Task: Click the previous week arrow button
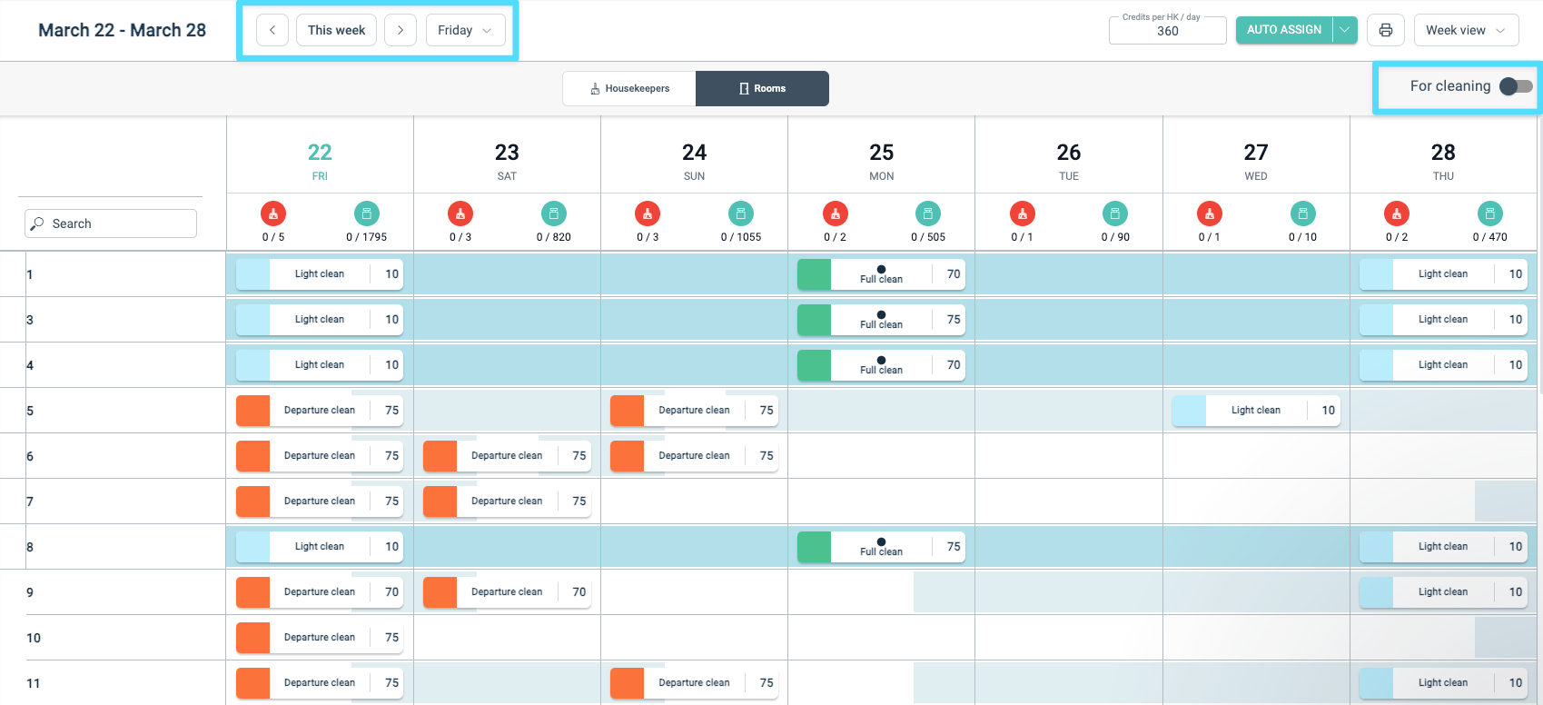click(x=272, y=30)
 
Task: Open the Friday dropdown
click(x=465, y=30)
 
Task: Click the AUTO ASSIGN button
click(x=1283, y=30)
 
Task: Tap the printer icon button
click(x=1386, y=30)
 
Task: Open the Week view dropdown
click(x=1466, y=30)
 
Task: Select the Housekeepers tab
click(x=629, y=88)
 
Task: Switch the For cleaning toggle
click(x=1516, y=86)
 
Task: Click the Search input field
click(x=111, y=223)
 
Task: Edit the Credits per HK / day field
click(x=1168, y=31)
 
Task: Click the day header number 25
click(x=881, y=153)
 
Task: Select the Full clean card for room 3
click(x=881, y=320)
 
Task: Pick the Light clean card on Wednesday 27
click(x=1255, y=411)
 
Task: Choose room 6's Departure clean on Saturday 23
click(x=507, y=456)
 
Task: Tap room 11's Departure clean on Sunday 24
click(x=694, y=683)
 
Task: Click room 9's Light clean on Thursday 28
click(x=1442, y=592)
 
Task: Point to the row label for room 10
click(x=34, y=638)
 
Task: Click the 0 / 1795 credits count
click(x=366, y=237)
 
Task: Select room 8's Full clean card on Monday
click(x=881, y=547)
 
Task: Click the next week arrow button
click(x=401, y=30)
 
